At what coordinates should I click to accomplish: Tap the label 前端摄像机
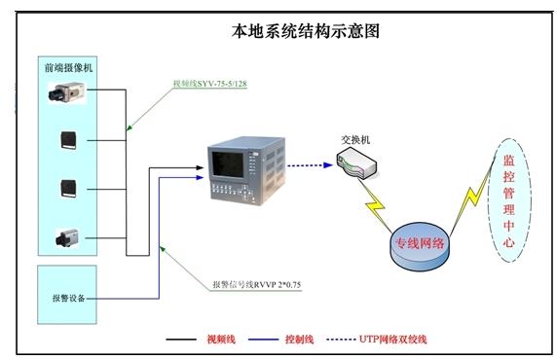coord(69,68)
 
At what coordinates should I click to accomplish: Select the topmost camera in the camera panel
coord(69,92)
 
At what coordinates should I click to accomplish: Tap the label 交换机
coord(355,138)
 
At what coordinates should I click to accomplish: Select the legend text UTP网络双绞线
coord(394,339)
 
